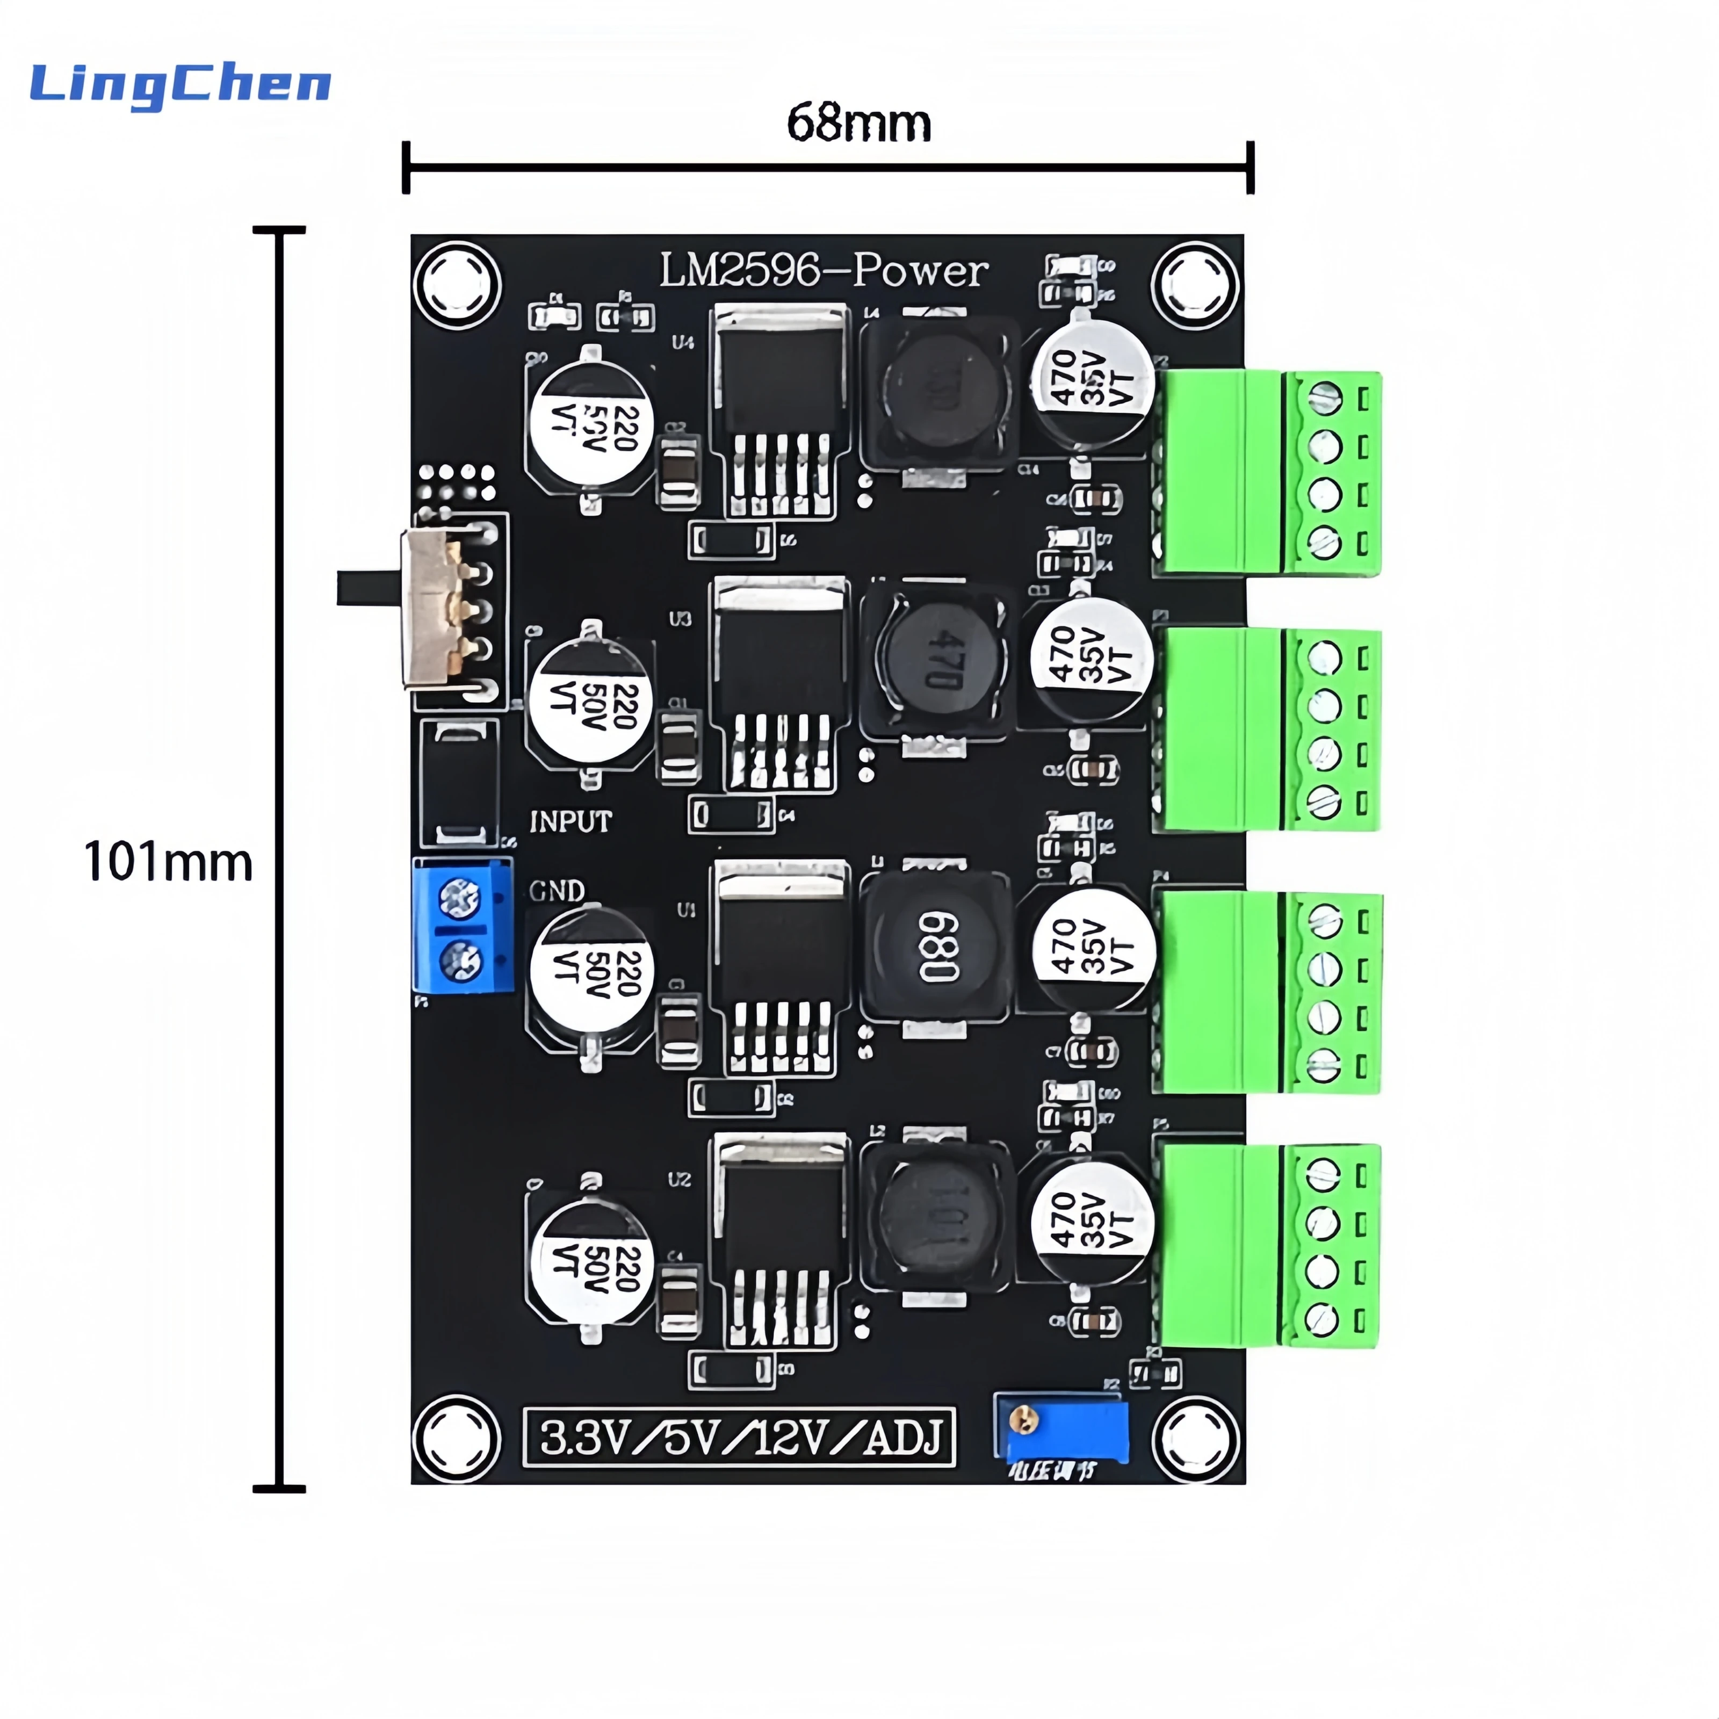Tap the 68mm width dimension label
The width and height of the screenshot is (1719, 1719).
tap(858, 124)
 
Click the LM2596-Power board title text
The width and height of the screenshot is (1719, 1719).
tap(823, 271)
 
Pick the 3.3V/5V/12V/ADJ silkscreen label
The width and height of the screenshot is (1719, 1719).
tap(739, 1438)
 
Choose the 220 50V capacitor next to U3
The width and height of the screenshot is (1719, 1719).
tap(589, 702)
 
